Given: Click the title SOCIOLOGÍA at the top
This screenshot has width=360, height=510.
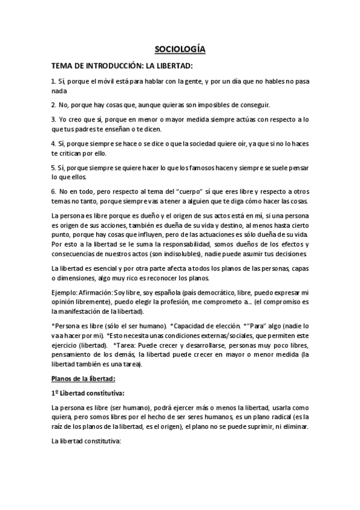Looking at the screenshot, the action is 180,50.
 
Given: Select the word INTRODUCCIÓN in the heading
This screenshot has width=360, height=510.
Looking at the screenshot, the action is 108,67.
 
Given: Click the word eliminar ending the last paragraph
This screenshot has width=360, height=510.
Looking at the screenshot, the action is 293,427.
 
